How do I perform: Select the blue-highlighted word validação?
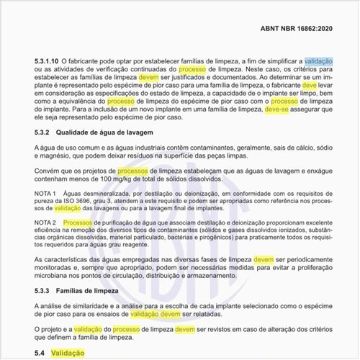tap(319, 63)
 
